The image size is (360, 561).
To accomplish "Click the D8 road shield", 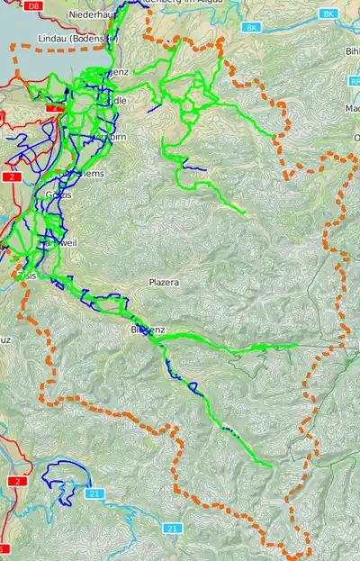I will pos(34,5).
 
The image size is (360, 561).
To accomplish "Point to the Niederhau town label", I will pos(96,15).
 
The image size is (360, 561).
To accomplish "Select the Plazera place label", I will pos(164,283).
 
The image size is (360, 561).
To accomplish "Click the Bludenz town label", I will pos(147,330).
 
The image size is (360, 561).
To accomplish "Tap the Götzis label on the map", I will pos(58,195).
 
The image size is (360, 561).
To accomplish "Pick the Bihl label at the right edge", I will pos(352,51).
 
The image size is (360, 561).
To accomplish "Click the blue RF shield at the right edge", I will pos(354,81).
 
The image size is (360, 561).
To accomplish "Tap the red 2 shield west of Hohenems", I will pos(13,177).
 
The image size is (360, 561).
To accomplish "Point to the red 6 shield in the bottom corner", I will pos(4,548).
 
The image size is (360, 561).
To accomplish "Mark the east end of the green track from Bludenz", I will pos(296,344).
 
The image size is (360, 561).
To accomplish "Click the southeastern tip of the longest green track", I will pos(271,465).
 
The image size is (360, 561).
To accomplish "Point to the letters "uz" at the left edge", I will pos(5,339).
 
